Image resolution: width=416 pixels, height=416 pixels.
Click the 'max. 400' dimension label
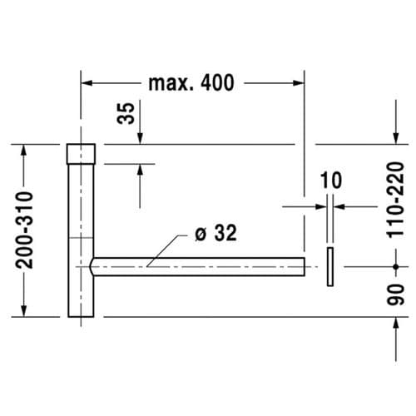191,82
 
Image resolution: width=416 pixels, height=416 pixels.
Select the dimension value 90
398,295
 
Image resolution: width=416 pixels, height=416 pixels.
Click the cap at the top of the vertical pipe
81,153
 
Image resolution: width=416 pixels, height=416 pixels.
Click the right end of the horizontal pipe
305,265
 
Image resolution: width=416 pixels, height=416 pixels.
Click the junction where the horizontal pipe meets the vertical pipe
92,265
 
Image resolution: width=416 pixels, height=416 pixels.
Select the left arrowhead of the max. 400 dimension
86,82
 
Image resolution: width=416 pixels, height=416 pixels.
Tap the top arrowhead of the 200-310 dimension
25,149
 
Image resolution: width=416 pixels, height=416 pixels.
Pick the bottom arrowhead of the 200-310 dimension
25,311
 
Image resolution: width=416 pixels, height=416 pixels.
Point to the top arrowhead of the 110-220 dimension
394,139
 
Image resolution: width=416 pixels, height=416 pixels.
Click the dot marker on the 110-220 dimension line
394,266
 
